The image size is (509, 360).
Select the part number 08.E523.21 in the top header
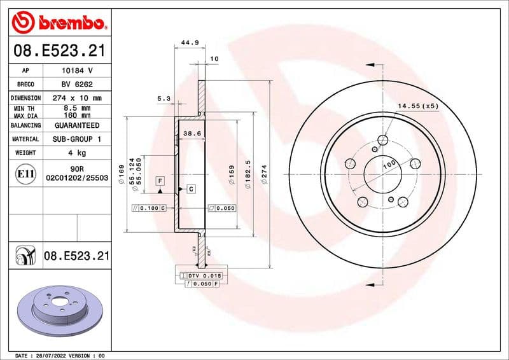point(59,50)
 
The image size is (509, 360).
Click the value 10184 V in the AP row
point(76,71)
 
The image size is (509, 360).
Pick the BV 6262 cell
point(76,85)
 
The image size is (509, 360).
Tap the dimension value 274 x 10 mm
point(76,98)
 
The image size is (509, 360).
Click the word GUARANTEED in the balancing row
point(76,125)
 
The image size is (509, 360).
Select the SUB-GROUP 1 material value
point(76,139)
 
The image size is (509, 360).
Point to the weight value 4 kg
point(76,153)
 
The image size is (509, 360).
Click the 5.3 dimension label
point(164,98)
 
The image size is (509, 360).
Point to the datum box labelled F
point(160,181)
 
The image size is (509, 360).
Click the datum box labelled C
point(190,189)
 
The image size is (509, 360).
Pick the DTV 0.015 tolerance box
point(201,275)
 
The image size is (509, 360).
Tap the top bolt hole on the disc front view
point(383,141)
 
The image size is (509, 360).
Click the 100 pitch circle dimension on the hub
point(389,165)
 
